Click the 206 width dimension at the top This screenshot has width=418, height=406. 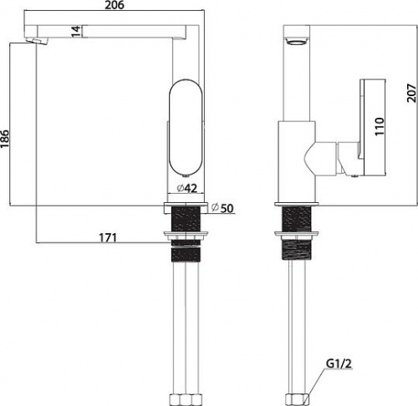pos(115,5)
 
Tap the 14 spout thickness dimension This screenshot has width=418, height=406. pos(76,31)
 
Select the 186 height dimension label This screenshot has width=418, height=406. pos(5,140)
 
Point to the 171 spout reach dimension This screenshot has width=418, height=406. pos(108,238)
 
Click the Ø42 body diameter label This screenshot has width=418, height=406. pos(187,189)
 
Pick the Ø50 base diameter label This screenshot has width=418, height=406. pos(222,208)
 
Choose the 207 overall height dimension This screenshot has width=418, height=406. pos(411,93)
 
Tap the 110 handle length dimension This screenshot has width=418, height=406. pos(380,126)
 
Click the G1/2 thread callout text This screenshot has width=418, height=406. pos(339,363)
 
